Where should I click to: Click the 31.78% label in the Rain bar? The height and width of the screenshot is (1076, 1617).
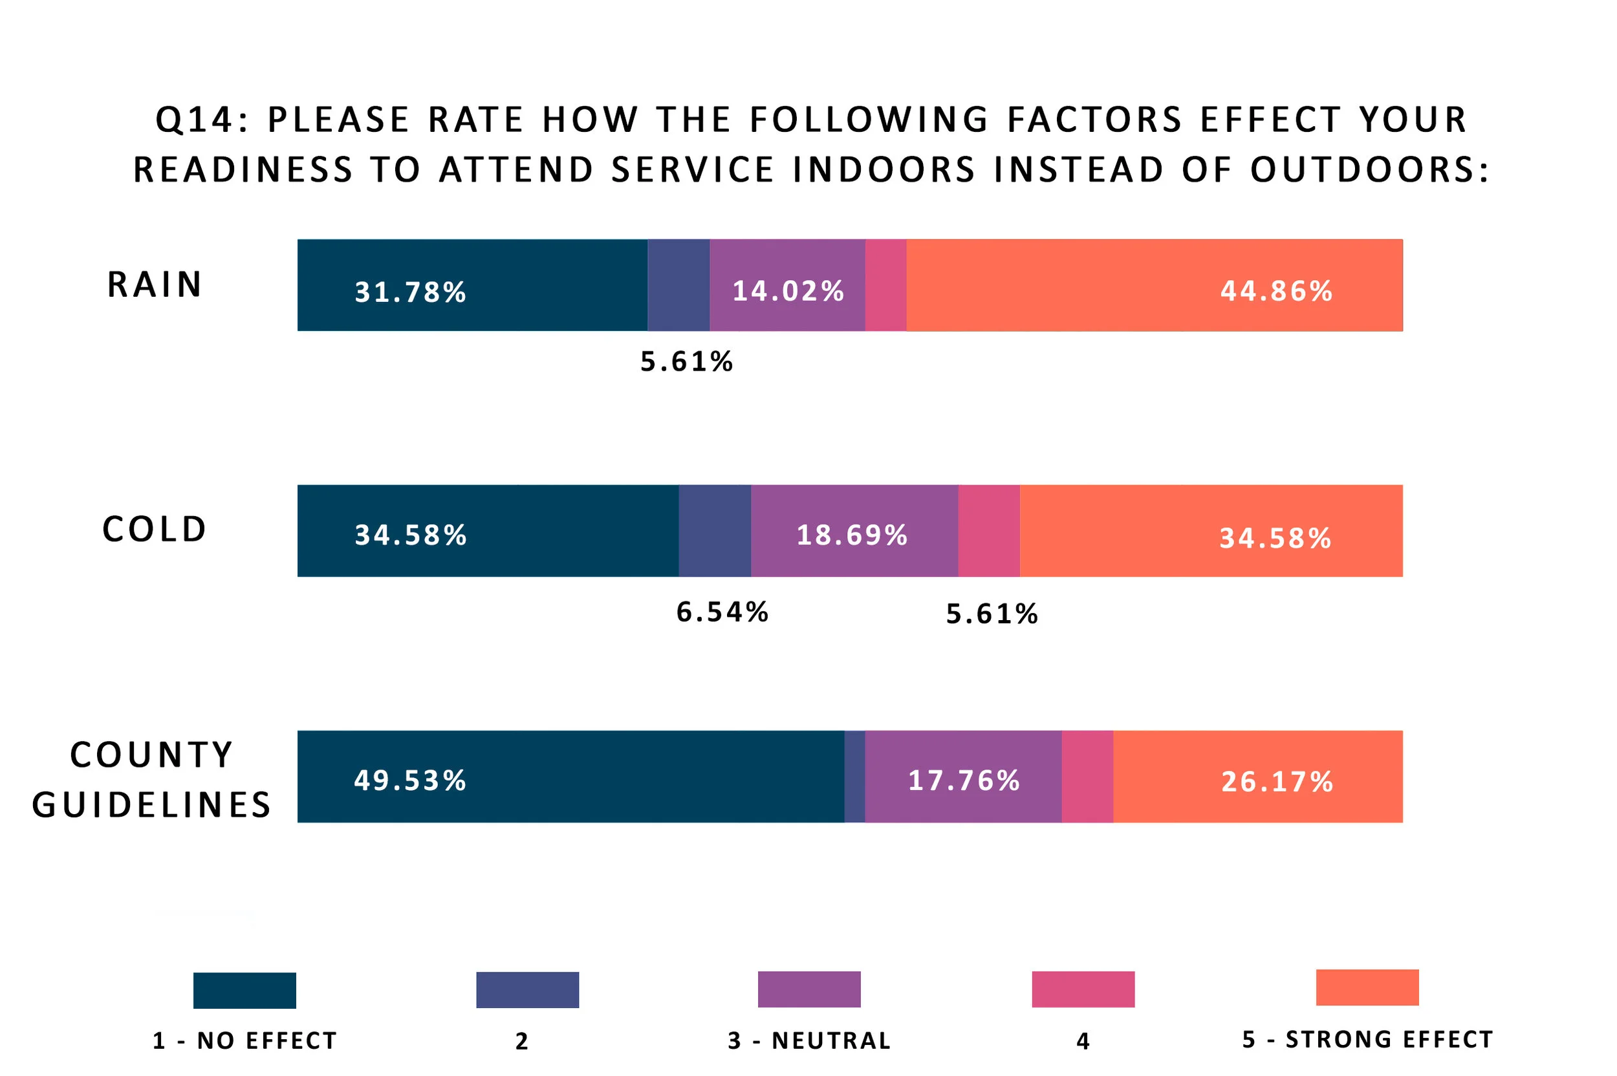click(409, 292)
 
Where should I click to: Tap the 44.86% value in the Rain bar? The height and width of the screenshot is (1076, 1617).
click(1276, 291)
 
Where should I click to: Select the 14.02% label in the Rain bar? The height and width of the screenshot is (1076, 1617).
click(788, 291)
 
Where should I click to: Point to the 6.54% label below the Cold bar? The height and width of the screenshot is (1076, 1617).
click(722, 612)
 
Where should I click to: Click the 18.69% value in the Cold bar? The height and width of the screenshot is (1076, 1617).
click(852, 535)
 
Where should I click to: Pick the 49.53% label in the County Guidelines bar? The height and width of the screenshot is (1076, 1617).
click(409, 780)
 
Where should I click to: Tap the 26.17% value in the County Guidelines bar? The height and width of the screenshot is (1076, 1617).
click(1277, 782)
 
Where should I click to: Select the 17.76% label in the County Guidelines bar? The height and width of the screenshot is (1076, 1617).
click(964, 780)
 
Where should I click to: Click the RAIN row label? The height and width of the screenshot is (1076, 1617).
click(155, 284)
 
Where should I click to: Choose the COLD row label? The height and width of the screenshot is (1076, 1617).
click(155, 529)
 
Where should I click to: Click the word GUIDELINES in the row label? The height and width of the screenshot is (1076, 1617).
click(152, 804)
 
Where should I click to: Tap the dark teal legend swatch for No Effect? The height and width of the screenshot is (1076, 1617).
click(244, 990)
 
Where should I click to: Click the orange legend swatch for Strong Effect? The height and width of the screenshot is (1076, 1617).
click(1367, 987)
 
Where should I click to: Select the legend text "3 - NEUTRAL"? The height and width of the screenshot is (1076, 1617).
click(809, 1040)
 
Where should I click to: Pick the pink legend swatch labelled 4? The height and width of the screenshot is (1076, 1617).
click(1083, 989)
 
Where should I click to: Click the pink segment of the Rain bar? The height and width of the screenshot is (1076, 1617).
click(885, 285)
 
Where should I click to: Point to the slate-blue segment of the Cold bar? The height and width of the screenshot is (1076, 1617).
click(715, 530)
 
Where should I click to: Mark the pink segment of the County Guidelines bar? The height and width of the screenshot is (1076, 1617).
click(1087, 776)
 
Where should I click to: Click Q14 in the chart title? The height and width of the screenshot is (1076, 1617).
click(195, 120)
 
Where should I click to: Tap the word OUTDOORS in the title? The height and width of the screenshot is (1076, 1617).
click(1369, 169)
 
